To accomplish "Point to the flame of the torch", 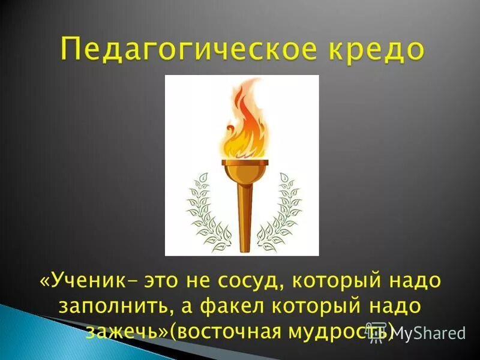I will pyautogui.click(x=243, y=126).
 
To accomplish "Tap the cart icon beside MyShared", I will pyautogui.click(x=377, y=334).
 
